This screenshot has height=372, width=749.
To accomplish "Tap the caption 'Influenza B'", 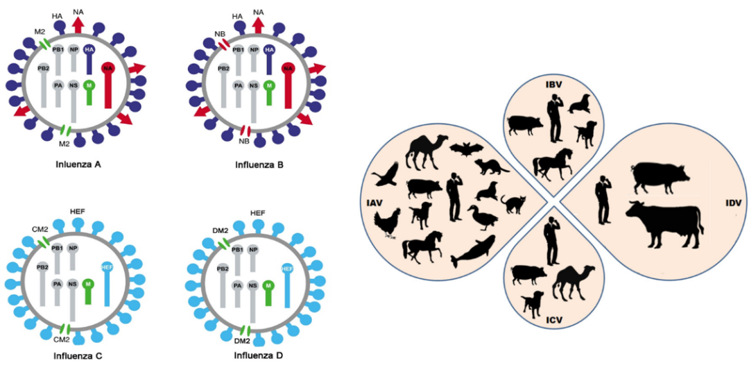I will pyautogui.click(x=259, y=166).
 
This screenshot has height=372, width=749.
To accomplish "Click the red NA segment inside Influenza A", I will pyautogui.click(x=107, y=83).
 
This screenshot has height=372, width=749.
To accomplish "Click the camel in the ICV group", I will pyautogui.click(x=574, y=282).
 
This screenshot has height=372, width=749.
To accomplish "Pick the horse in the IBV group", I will pyautogui.click(x=552, y=164).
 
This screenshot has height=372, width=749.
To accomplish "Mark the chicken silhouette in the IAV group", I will pyautogui.click(x=386, y=223).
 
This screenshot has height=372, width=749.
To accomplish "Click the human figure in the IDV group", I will pyautogui.click(x=603, y=197).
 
